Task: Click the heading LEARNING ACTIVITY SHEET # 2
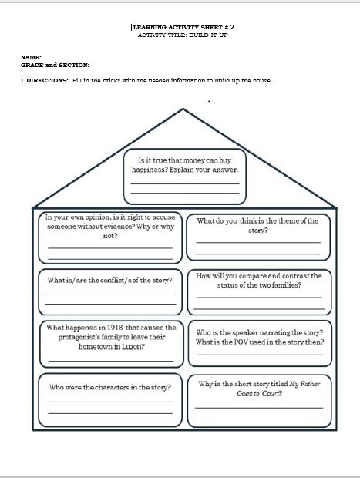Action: click(x=183, y=27)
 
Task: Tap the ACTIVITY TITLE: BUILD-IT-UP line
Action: click(x=183, y=35)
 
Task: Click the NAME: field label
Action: click(x=31, y=57)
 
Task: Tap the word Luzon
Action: click(x=133, y=347)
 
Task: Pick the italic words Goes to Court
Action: click(x=258, y=393)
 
